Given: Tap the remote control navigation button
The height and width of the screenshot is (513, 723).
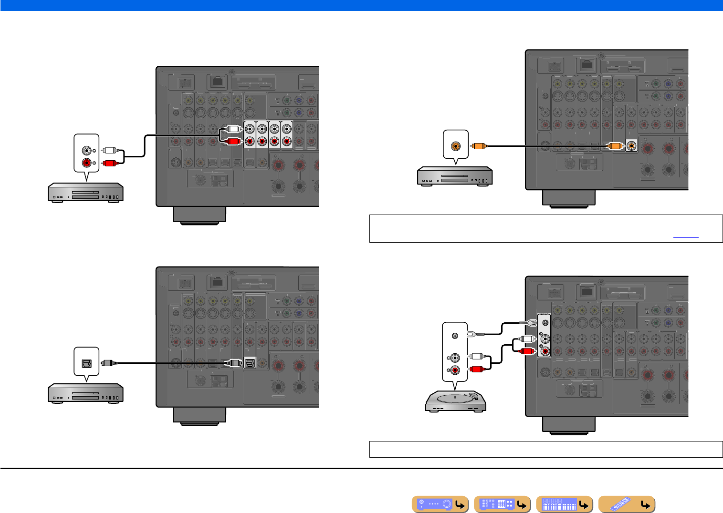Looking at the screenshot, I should [627, 504].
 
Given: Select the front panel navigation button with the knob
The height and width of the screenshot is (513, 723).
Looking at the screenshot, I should [440, 504].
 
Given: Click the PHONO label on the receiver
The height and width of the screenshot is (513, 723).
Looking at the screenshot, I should [544, 315].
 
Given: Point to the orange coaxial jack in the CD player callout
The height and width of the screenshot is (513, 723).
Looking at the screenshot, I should [456, 146].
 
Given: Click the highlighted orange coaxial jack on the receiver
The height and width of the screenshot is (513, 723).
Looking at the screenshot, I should [632, 146].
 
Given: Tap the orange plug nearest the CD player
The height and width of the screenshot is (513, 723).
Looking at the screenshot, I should [477, 146].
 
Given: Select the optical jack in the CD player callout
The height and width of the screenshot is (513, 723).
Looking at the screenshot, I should [86, 363].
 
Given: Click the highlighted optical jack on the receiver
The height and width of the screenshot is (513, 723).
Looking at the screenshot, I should [250, 363].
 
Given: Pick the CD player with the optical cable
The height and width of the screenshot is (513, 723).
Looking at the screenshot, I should [85, 394].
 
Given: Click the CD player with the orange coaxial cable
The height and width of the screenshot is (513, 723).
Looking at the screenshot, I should [455, 176].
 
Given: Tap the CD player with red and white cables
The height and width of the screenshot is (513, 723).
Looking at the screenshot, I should [85, 193].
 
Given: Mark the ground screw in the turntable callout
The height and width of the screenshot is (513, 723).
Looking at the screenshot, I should [455, 335].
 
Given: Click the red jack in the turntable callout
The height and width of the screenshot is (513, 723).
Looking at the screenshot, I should [455, 370].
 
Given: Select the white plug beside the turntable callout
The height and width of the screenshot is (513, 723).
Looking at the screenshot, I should [477, 356].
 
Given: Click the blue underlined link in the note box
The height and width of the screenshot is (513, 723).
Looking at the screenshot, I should [686, 236].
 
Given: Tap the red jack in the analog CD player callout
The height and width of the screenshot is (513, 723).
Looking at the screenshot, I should [87, 163].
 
